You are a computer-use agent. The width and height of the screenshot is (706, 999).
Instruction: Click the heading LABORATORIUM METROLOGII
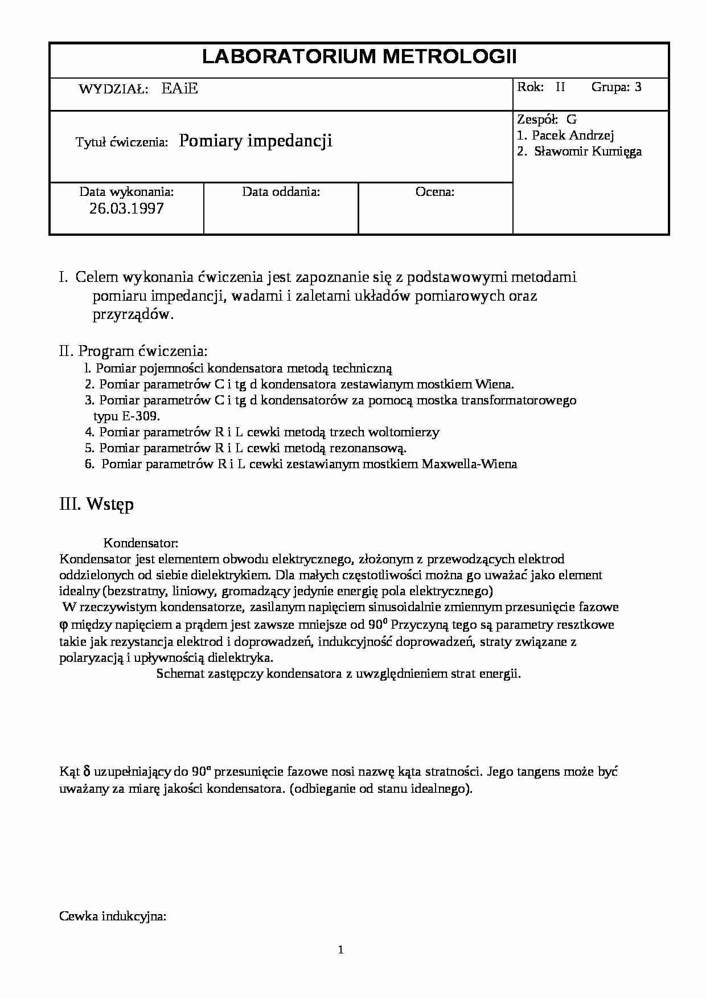tap(359, 57)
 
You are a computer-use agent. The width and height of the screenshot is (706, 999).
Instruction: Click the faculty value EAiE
tap(179, 89)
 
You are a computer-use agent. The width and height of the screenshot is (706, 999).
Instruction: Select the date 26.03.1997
tap(126, 208)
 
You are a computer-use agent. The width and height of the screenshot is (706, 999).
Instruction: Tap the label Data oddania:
tap(281, 192)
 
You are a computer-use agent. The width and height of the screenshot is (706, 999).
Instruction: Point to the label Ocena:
tap(435, 192)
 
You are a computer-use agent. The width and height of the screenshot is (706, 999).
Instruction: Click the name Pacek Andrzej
tap(573, 136)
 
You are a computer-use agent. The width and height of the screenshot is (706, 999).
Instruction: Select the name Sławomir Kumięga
tap(588, 152)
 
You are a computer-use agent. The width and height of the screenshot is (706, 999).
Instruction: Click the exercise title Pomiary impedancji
tap(256, 141)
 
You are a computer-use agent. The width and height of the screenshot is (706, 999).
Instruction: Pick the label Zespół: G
tap(547, 120)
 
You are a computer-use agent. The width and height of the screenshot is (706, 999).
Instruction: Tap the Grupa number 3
tap(638, 87)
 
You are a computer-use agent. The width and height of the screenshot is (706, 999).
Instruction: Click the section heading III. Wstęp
tap(97, 505)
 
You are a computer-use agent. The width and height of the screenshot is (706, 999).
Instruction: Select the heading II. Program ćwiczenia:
tap(133, 351)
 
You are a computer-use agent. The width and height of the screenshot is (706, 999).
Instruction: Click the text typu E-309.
tap(126, 416)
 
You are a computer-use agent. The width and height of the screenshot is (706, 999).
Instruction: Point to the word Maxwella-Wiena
tap(469, 464)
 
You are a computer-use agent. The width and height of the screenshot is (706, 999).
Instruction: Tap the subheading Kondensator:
tap(141, 543)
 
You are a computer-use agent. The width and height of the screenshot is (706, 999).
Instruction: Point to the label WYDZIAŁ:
tap(113, 89)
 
